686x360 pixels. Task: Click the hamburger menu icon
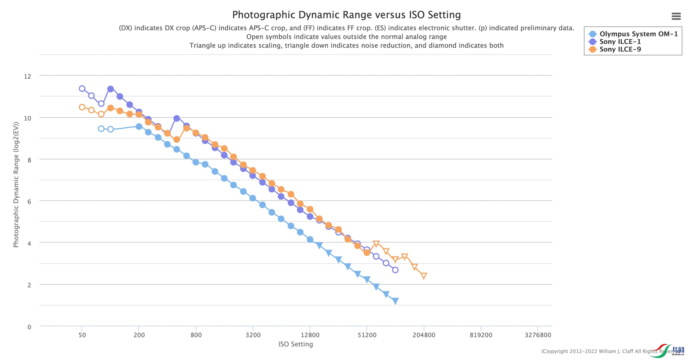(x=676, y=16)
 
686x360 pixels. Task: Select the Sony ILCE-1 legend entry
(x=620, y=41)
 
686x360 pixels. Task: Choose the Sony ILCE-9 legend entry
(x=620, y=49)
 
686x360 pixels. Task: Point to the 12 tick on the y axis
(x=28, y=76)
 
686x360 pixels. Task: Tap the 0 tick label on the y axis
(x=29, y=327)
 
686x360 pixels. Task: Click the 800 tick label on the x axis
(x=196, y=335)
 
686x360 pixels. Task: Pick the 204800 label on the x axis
(x=424, y=335)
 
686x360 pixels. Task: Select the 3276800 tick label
(x=538, y=335)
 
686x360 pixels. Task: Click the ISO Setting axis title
(x=295, y=344)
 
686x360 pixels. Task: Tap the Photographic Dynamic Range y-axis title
(x=16, y=184)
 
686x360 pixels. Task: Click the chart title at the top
(x=346, y=15)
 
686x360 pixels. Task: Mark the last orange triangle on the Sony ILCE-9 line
(x=424, y=276)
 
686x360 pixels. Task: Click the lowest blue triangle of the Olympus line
(x=395, y=301)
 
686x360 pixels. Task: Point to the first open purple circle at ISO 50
(x=82, y=89)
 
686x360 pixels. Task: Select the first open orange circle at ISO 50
(x=82, y=107)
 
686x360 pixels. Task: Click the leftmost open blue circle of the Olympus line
(x=101, y=129)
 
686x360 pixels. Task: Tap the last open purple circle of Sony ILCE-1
(x=395, y=270)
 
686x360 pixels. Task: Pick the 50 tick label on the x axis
(x=82, y=335)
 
